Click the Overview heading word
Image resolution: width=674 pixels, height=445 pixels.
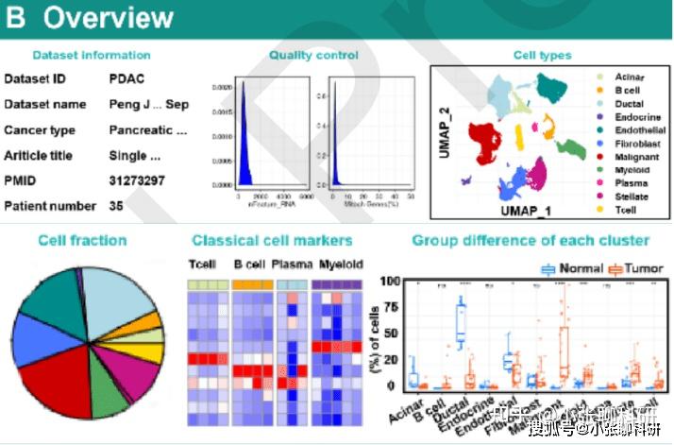[109, 18]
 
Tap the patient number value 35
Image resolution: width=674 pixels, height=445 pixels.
[116, 205]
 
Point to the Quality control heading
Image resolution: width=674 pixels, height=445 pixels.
[313, 56]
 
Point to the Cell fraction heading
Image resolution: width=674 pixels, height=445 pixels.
[82, 240]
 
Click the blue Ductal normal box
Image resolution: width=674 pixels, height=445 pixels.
[462, 324]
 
